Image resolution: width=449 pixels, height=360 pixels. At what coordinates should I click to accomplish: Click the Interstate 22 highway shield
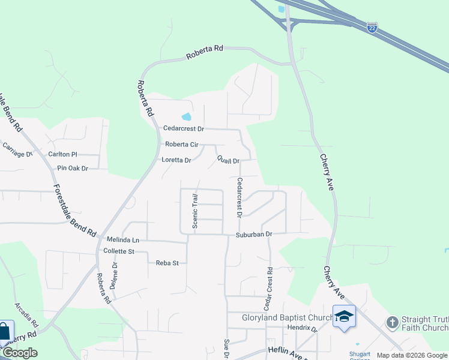point(372,28)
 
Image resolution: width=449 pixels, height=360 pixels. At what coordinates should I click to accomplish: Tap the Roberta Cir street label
point(181,145)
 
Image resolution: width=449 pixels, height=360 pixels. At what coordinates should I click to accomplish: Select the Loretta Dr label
point(176,160)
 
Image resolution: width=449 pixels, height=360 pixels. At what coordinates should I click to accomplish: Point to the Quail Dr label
point(228,161)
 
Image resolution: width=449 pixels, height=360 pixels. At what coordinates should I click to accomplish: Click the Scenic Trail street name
point(195,211)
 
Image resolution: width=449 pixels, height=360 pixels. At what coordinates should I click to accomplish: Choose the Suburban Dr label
point(254,234)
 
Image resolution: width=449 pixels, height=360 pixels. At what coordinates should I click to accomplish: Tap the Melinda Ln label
point(123,239)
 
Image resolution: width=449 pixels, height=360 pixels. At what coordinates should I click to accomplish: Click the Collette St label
point(119,251)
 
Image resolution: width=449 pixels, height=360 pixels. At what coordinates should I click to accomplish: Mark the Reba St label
point(167,263)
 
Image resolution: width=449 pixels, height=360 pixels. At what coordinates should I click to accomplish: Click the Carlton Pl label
point(63,154)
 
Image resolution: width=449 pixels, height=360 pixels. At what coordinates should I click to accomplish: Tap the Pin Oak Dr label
point(73,168)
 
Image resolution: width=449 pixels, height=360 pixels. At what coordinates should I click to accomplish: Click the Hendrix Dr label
point(302,328)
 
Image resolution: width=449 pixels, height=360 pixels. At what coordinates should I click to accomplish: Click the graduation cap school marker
point(344,316)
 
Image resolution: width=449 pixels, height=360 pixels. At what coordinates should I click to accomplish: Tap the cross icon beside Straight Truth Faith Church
point(392,323)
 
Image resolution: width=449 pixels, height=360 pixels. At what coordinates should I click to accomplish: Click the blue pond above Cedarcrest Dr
point(186,116)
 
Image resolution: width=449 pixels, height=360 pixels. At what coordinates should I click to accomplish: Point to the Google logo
point(19,353)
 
